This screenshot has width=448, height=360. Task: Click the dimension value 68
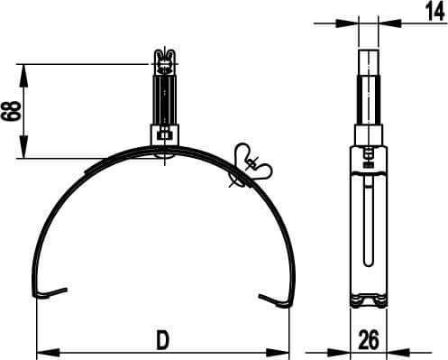pyautogui.click(x=12, y=111)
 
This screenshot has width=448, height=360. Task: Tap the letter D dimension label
pyautogui.click(x=162, y=339)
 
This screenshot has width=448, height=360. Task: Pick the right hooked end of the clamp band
pyautogui.click(x=272, y=298)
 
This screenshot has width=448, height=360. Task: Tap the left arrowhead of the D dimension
pyautogui.click(x=41, y=350)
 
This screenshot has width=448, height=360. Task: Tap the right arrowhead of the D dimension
pyautogui.click(x=285, y=350)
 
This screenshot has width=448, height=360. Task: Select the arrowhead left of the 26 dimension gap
pyautogui.click(x=344, y=350)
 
